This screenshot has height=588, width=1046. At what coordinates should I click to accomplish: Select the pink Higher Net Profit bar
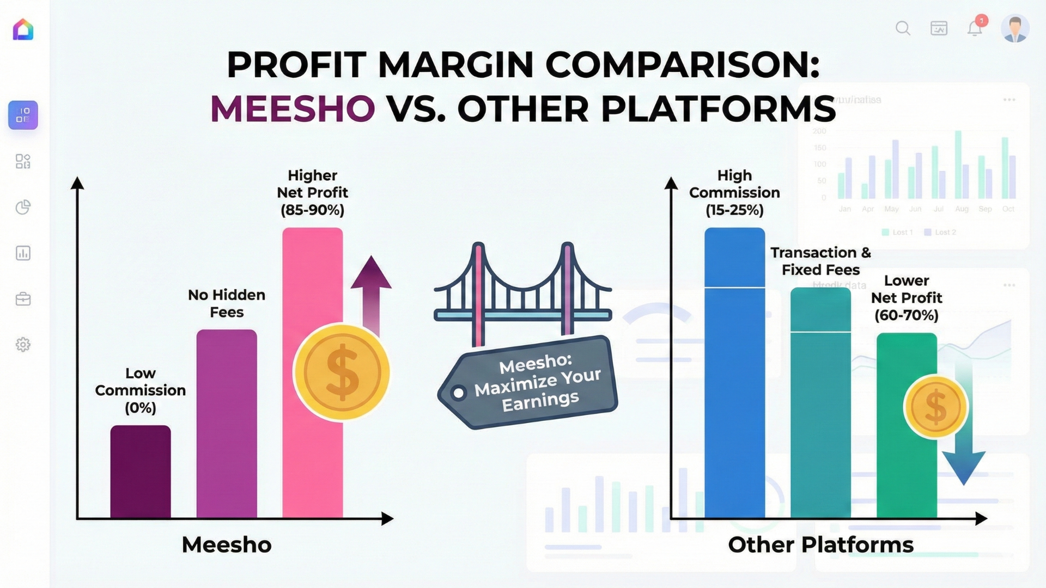coord(312,283)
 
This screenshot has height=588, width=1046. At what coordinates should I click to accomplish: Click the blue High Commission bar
coord(734,381)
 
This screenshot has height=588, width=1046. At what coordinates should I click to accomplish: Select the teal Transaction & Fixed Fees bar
coord(820,414)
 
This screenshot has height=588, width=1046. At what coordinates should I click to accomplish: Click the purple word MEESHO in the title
coord(293,108)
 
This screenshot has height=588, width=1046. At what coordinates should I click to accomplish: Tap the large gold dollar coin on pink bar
coord(342,372)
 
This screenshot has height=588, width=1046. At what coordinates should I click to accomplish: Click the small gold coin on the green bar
coord(935,407)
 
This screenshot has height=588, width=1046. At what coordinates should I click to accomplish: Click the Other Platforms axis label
coord(820,544)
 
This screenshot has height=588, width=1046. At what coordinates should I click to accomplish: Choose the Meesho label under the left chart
coord(227,544)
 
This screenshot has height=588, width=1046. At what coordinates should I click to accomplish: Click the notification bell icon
coord(975,28)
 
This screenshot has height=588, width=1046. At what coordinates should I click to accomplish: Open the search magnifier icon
coord(903,28)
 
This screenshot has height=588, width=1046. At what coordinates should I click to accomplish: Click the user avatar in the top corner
coord(1015,28)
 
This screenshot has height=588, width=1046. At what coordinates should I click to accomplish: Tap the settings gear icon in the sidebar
coord(23,345)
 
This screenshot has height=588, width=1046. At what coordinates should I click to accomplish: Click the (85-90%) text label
coord(312,210)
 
